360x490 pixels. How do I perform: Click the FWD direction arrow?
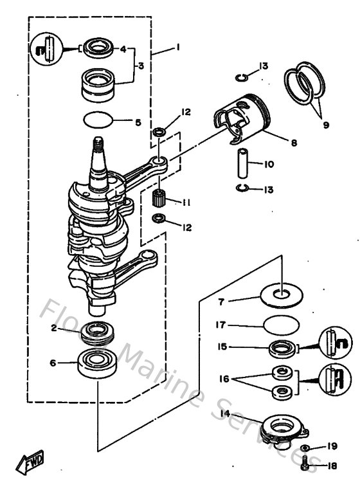pos(31,462)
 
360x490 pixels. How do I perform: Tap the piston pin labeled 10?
pos(243,165)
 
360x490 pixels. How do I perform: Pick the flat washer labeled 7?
pos(280,295)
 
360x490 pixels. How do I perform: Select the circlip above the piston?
pos(241,78)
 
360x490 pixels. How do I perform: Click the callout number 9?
pos(326,125)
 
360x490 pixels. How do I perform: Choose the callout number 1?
pos(177,47)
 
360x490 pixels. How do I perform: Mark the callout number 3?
pos(141,66)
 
